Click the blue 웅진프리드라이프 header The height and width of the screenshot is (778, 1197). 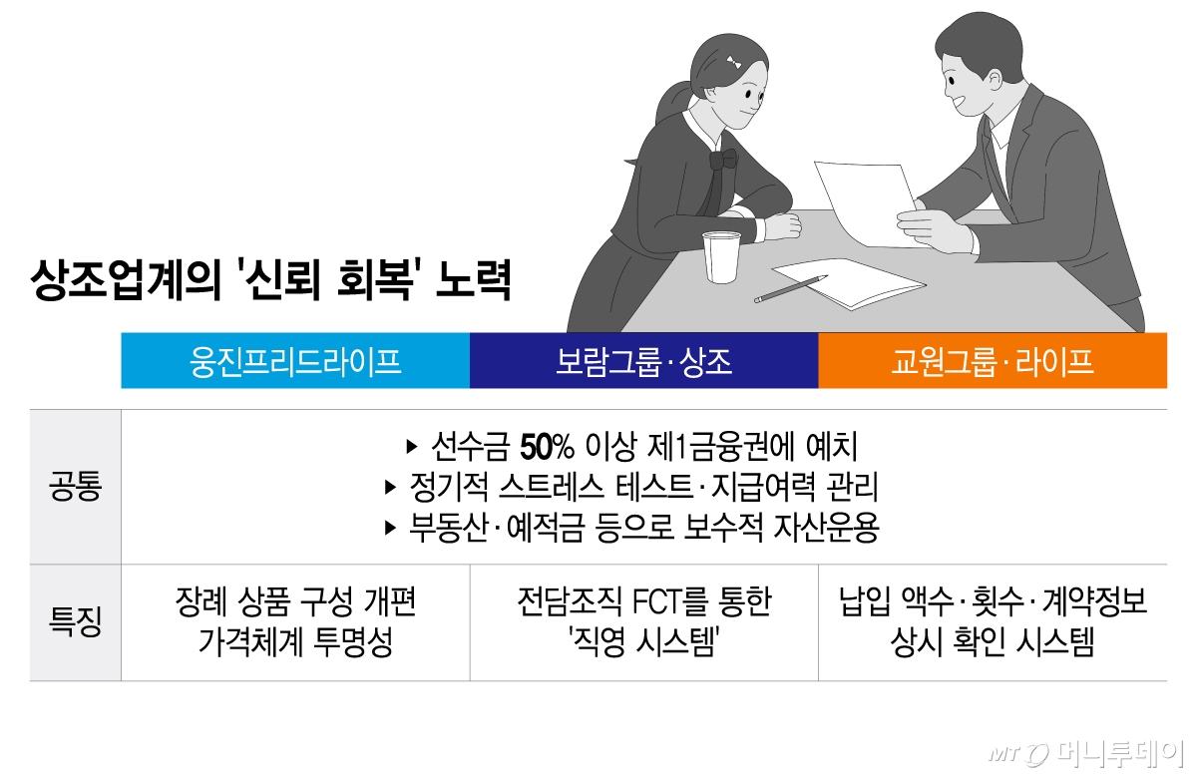point(295,361)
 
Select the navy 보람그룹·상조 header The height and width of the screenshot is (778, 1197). point(643,361)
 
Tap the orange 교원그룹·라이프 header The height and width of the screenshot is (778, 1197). point(992,361)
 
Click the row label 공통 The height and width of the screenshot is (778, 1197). point(75,488)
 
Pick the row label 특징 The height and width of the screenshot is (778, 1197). point(75,623)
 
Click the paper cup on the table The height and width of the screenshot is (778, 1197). point(721,256)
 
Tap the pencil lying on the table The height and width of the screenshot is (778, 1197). point(790,289)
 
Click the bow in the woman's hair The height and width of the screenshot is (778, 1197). point(735,62)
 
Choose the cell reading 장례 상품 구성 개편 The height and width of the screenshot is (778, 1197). point(295,603)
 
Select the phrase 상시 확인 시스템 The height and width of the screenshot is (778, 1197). point(992,643)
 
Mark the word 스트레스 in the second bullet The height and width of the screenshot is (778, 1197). point(552,487)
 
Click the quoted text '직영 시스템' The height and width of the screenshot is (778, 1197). point(643,643)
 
